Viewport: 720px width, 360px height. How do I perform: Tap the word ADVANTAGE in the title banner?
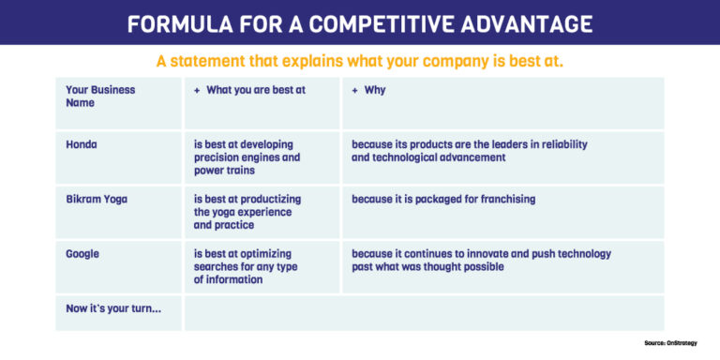tap(525, 23)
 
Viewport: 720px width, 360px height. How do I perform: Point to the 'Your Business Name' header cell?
tap(100, 96)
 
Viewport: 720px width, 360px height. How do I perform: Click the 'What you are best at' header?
tap(250, 90)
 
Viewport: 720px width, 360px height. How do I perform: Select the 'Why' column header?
tap(368, 90)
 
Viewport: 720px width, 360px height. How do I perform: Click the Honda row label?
tap(82, 144)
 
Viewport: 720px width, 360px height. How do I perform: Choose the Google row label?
tap(83, 253)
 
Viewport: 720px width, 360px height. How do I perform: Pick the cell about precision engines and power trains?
tap(247, 157)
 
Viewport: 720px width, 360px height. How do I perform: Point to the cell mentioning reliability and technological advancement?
tap(469, 151)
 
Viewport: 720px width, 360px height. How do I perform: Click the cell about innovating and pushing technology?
tap(480, 260)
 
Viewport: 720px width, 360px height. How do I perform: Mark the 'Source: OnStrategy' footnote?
tap(676, 343)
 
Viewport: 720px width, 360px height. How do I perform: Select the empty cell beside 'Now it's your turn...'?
tap(424, 313)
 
